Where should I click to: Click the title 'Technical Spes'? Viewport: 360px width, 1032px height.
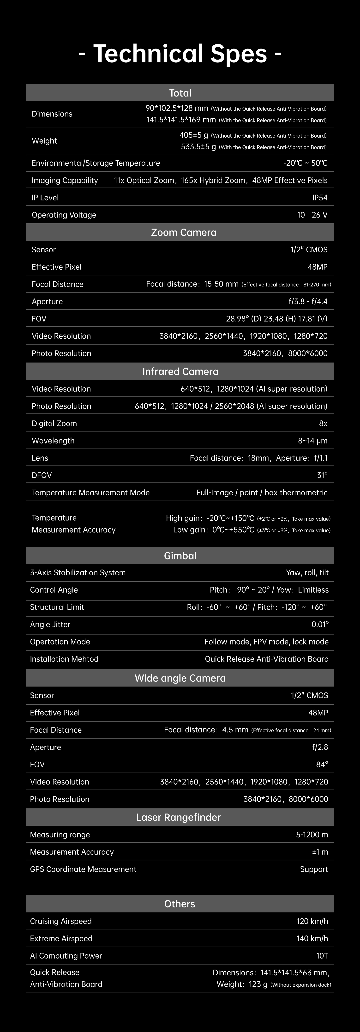pos(180,54)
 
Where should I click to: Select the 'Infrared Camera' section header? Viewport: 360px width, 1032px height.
pos(180,371)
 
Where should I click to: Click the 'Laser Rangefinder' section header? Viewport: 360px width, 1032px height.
pos(178,817)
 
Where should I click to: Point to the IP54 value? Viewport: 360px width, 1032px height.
pos(319,198)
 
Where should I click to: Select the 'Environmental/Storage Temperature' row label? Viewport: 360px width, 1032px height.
pos(96,163)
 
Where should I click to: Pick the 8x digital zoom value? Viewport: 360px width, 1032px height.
pos(323,424)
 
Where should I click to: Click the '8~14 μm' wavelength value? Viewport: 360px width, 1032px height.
pos(312,441)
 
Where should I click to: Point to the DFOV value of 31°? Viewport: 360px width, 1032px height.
pos(322,475)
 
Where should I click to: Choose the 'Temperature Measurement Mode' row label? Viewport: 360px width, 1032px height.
pos(90,492)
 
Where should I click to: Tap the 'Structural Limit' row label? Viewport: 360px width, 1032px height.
pos(57,607)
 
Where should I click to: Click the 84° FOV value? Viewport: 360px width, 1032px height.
pos(322,764)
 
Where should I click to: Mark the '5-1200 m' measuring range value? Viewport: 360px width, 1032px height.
pos(312,834)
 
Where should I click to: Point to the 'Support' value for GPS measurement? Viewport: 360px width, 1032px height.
pos(314,869)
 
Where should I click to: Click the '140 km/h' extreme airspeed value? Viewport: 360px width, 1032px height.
pos(312,938)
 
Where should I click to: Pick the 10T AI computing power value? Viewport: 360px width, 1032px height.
pos(322,955)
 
